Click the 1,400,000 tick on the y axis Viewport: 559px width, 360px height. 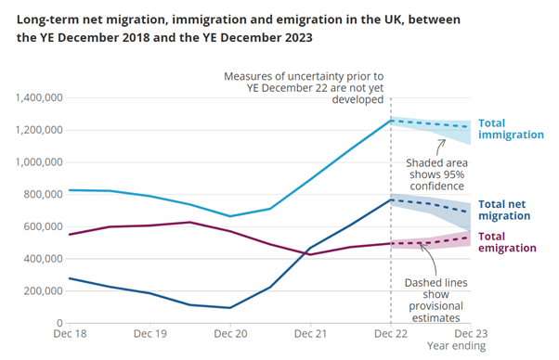pos(36,97)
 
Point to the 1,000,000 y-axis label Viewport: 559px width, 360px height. pos(36,162)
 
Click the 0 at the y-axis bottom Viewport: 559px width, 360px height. pos(58,322)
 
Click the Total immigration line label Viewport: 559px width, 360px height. pos(510,129)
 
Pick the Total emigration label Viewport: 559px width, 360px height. pos(507,242)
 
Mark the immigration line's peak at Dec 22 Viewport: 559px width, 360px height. pos(391,120)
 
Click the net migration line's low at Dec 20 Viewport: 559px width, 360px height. pos(230,307)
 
